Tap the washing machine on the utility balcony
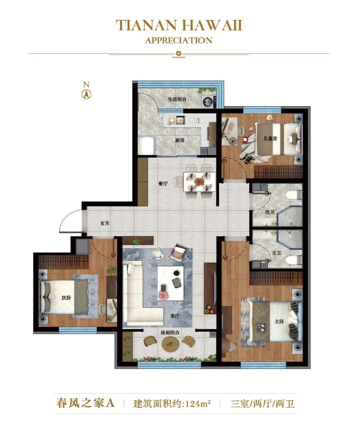[x=209, y=101]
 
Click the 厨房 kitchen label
[x=180, y=140]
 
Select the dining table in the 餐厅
[x=200, y=182]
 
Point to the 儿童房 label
[x=270, y=139]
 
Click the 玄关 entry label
[x=105, y=223]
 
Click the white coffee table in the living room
[x=171, y=283]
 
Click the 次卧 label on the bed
[x=66, y=298]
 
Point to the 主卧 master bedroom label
[x=279, y=321]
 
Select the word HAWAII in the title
[x=212, y=25]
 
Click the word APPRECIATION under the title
[x=179, y=40]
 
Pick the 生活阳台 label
[x=177, y=99]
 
